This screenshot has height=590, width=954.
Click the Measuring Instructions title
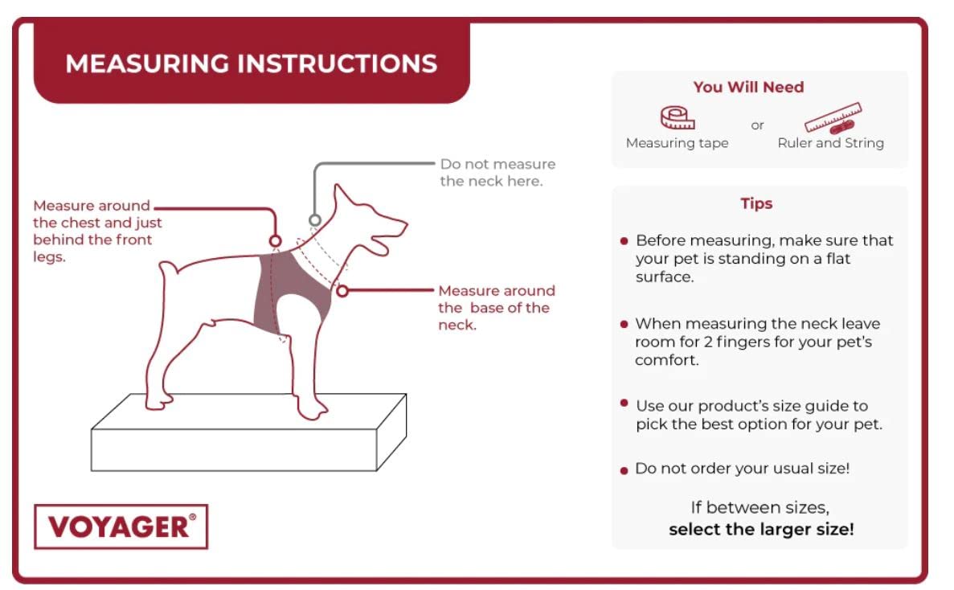[252, 64]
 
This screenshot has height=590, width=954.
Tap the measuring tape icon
[678, 117]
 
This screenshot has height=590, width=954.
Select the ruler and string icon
[833, 118]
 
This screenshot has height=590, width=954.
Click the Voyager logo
[121, 526]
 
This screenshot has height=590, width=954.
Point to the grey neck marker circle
[314, 220]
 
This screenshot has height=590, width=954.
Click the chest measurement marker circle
[275, 241]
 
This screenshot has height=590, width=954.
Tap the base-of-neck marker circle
[342, 291]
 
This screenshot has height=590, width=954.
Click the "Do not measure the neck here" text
[497, 173]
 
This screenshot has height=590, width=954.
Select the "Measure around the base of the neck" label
[497, 308]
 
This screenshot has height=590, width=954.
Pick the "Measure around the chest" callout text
[97, 231]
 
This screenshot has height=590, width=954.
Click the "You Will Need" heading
[748, 87]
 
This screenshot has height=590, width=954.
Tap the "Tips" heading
[756, 203]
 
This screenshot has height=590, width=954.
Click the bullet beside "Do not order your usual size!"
[624, 471]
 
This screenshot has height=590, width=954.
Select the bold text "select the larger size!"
[761, 529]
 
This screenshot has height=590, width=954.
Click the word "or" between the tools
[757, 126]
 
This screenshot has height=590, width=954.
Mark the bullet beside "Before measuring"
[624, 241]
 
